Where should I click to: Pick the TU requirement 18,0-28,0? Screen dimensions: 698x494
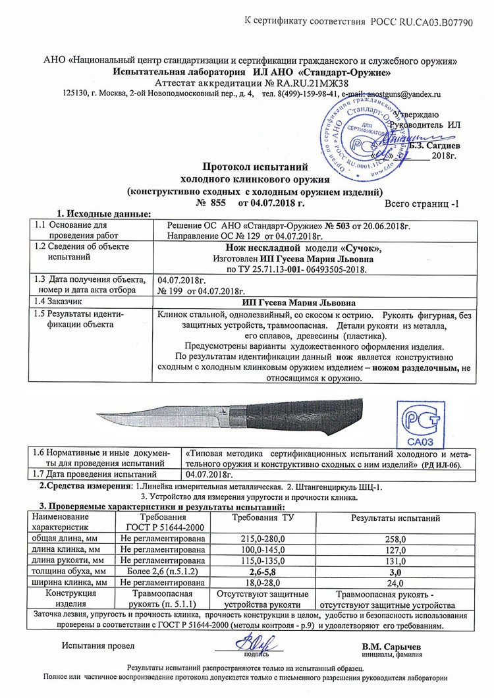point(263,582)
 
